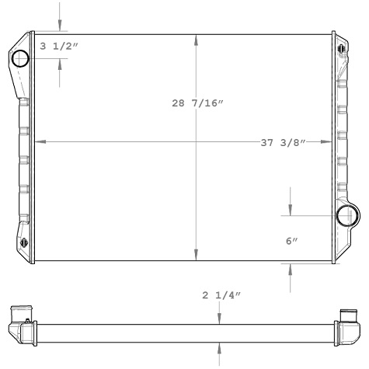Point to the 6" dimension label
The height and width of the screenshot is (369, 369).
pyautogui.click(x=292, y=242)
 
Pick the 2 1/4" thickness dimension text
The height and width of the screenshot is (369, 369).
pyautogui.click(x=221, y=296)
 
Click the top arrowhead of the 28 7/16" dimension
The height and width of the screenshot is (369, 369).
pyautogui.click(x=196, y=38)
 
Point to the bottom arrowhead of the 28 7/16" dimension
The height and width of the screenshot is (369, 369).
pyautogui.click(x=196, y=258)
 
